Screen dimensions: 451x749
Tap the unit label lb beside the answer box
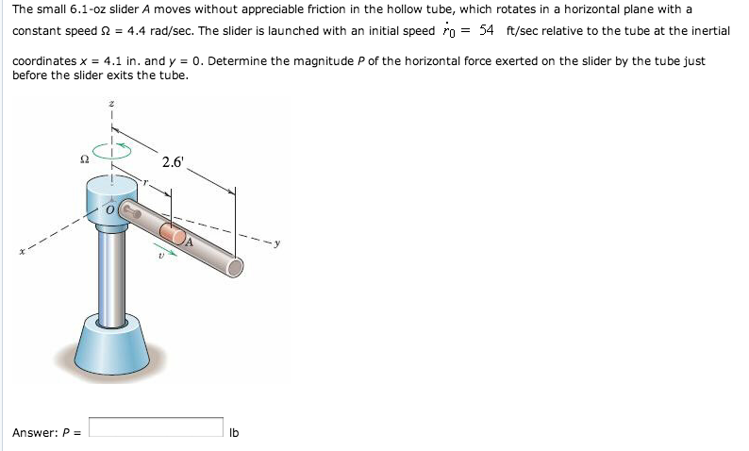(235, 433)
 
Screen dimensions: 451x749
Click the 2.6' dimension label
(172, 161)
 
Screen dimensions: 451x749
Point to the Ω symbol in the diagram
(86, 160)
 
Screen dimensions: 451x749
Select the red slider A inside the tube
(173, 234)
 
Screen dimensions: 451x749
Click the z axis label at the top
(112, 106)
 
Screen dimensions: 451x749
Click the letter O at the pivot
(109, 210)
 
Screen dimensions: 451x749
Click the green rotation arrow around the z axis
(112, 151)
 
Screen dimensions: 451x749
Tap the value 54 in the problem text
(487, 30)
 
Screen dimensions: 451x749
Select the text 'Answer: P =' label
(46, 433)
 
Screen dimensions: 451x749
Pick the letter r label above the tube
(143, 180)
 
